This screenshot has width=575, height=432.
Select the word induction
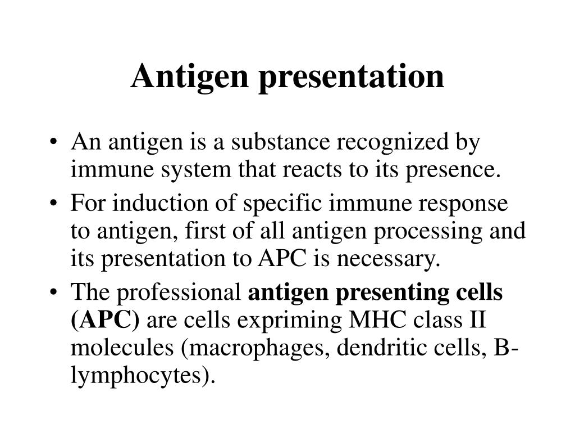149,204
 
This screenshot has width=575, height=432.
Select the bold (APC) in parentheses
106,321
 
